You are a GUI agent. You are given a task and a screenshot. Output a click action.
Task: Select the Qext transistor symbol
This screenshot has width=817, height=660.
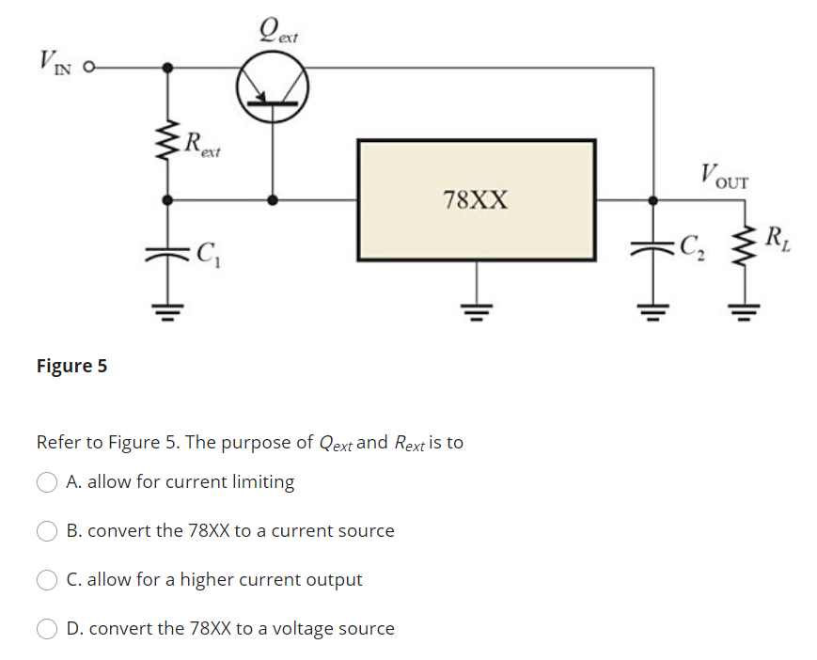tap(273, 86)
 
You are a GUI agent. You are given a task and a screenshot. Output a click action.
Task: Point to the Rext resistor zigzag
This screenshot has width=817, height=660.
tap(167, 143)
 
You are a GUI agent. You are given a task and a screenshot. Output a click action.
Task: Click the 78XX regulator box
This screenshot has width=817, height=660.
tap(476, 199)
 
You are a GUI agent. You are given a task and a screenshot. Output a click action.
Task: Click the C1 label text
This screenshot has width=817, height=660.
tap(206, 252)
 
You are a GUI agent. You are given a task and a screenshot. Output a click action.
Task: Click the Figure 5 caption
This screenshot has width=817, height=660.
tap(71, 366)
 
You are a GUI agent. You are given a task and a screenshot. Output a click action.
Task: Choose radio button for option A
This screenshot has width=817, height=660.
tap(46, 482)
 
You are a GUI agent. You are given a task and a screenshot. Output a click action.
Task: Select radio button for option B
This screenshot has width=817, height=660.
tap(46, 531)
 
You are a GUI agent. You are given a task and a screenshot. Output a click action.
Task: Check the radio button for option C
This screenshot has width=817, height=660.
tap(46, 580)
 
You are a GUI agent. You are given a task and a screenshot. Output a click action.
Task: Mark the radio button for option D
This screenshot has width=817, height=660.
tap(46, 629)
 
